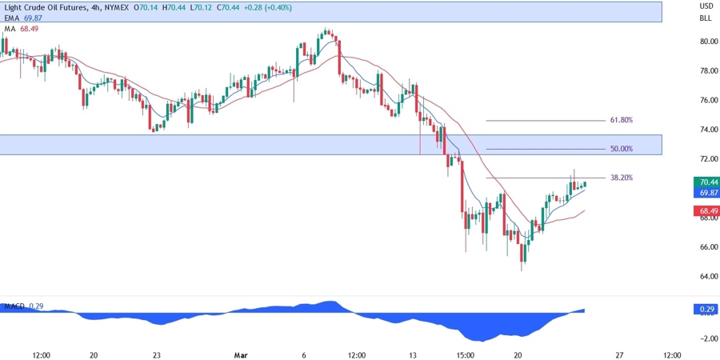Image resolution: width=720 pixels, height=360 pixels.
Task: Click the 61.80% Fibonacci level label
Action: click(621, 120)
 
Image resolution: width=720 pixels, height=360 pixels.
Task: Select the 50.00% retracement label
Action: click(621, 149)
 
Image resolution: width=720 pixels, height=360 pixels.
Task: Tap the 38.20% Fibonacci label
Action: click(621, 178)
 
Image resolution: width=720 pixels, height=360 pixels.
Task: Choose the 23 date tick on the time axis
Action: click(157, 354)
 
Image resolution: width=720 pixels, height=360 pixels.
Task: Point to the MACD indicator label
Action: click(14, 306)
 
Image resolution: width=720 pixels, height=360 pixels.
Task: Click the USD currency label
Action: click(706, 6)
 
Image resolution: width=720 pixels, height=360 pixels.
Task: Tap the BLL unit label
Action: click(706, 18)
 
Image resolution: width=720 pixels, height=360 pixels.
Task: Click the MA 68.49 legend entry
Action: click(21, 28)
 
